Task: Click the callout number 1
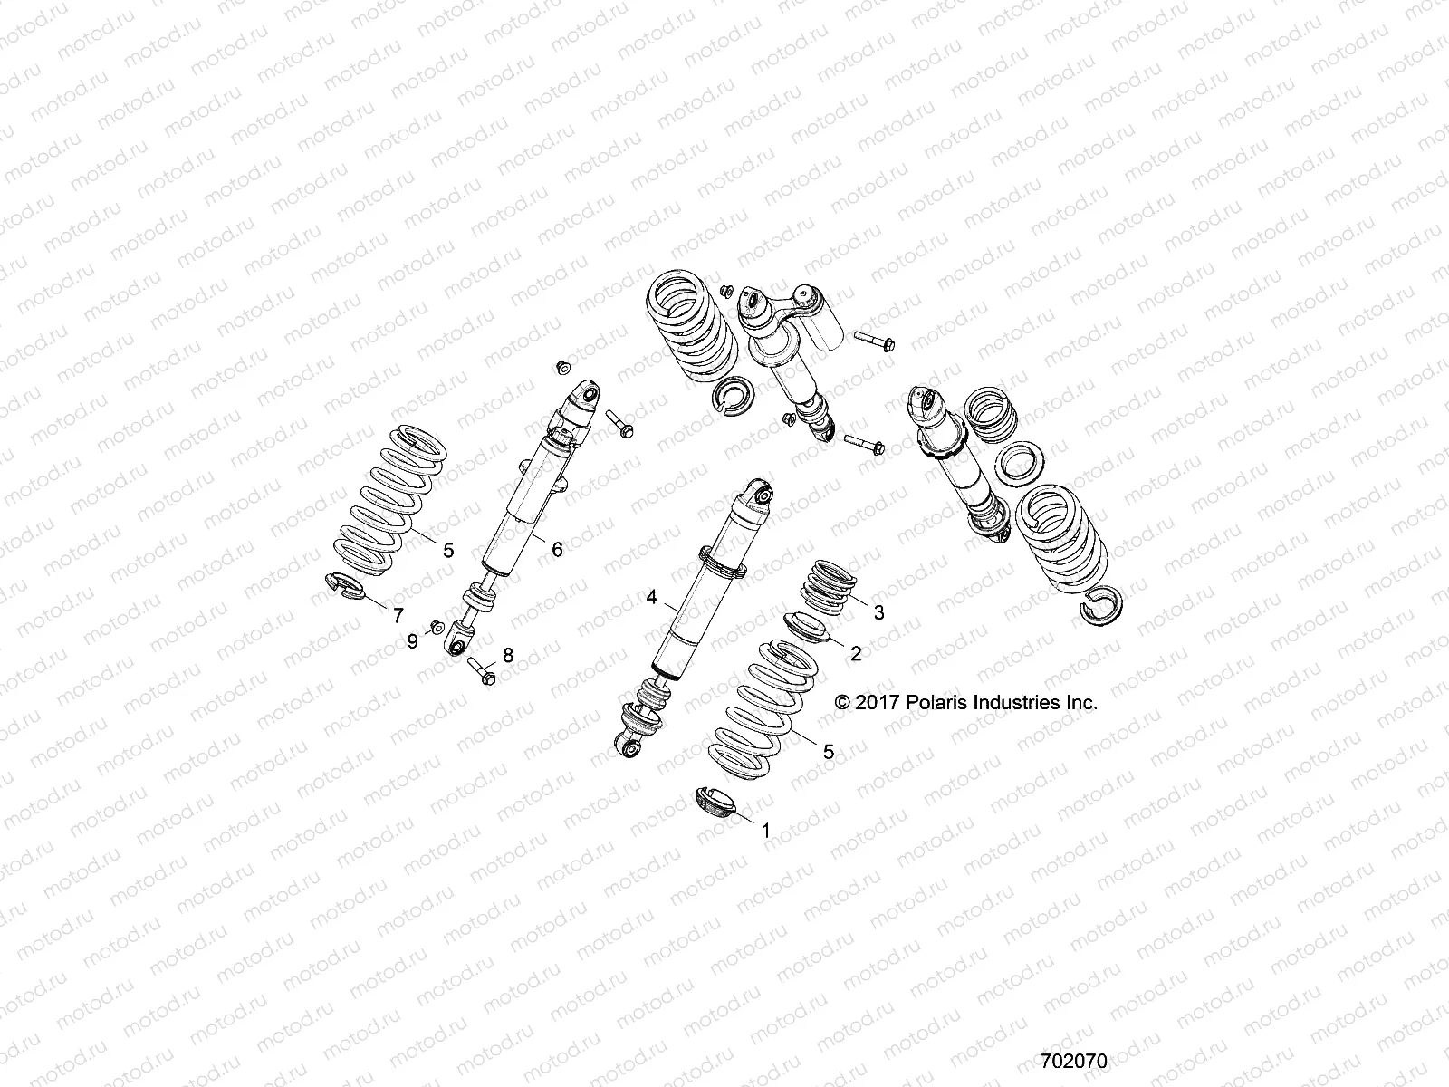pos(764,829)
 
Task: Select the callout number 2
pos(854,653)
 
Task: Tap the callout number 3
pos(878,612)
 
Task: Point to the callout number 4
pos(650,598)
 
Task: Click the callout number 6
pos(556,549)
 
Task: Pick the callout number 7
pos(398,616)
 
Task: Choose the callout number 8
pos(507,655)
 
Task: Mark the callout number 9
pos(412,641)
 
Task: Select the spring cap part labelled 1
pos(715,803)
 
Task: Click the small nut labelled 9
pos(435,625)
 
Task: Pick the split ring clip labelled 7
pos(343,586)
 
